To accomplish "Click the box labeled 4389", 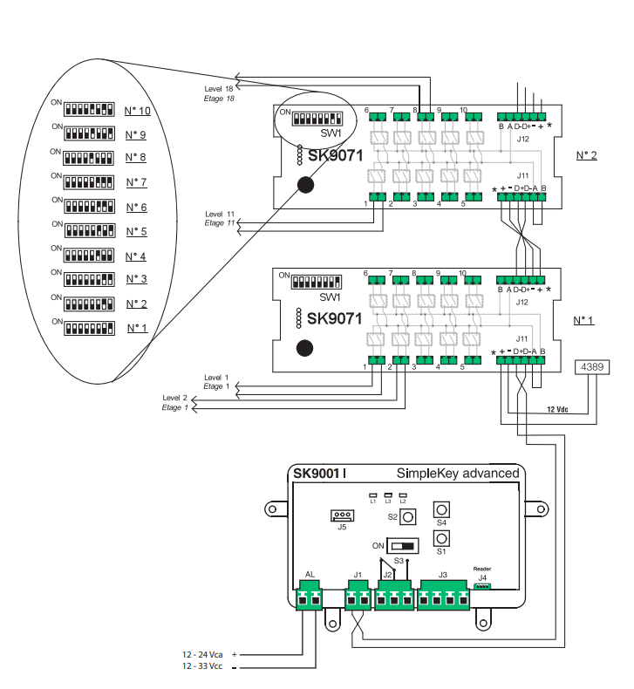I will [590, 366].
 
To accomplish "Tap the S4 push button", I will [442, 509].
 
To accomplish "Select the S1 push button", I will [442, 537].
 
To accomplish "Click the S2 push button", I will [406, 516].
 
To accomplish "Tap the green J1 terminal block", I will [358, 599].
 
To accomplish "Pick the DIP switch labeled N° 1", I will [90, 329].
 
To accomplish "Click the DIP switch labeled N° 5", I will [90, 232].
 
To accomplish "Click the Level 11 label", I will [220, 214].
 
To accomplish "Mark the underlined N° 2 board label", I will [585, 156].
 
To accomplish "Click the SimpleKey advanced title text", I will [457, 474].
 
